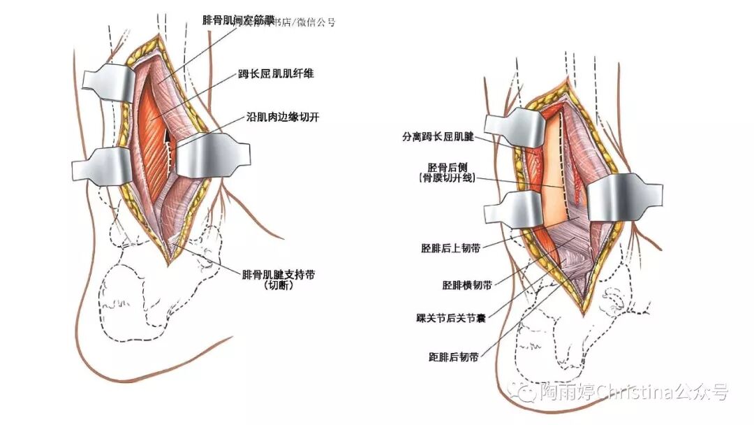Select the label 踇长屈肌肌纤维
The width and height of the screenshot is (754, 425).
point(275,73)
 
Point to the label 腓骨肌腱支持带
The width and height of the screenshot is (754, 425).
point(278,274)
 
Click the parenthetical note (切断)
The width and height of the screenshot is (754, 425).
point(278,286)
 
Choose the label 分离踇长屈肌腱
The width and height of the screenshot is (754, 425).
point(438,138)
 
